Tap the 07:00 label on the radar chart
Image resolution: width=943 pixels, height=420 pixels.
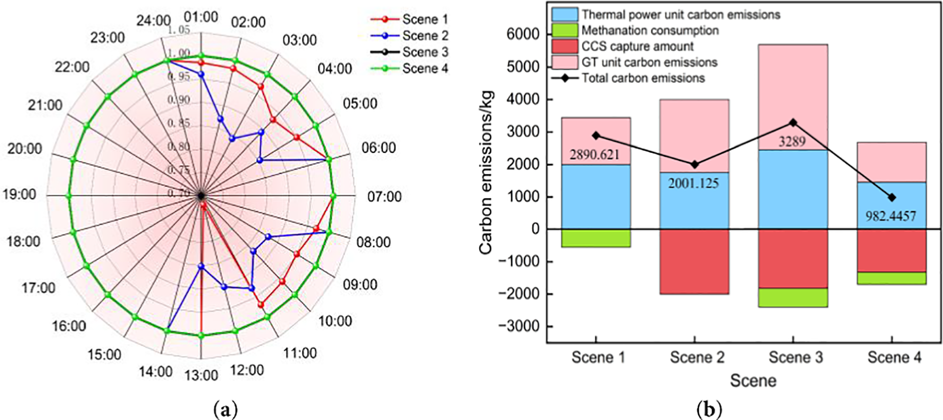[384, 196]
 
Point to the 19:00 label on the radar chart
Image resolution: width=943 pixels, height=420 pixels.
[20, 195]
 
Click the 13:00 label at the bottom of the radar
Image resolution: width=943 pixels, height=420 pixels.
[201, 376]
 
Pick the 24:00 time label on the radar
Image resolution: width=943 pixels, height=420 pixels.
[153, 21]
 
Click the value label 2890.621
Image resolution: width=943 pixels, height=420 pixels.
[595, 155]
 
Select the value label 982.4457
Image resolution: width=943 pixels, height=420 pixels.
[890, 216]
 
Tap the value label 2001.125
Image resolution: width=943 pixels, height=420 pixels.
[693, 184]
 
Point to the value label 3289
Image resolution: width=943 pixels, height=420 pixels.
[792, 142]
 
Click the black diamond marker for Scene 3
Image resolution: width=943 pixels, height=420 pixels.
[793, 123]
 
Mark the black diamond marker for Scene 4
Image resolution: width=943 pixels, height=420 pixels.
[891, 197]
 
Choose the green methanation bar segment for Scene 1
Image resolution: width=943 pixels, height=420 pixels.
[596, 238]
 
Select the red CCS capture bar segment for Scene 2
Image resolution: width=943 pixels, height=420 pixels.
[694, 261]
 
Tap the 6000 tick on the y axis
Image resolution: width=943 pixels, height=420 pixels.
[523, 34]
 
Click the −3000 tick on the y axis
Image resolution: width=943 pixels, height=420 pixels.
[519, 326]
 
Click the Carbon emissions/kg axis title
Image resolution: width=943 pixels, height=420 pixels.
[486, 172]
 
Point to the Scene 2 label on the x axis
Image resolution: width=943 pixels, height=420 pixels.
[697, 358]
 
